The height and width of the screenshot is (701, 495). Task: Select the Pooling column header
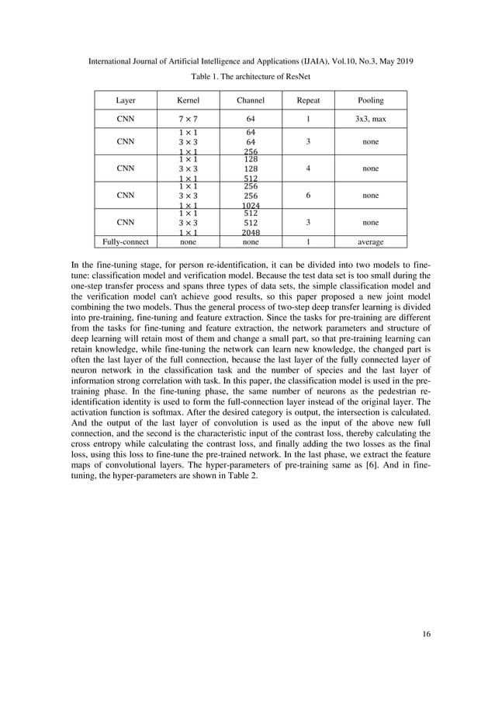pos(370,100)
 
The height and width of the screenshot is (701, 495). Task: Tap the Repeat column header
pos(308,100)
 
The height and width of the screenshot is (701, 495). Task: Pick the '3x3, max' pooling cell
pos(370,120)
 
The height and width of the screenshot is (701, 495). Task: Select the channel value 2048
pos(251,232)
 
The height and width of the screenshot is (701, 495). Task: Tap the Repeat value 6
pos(308,196)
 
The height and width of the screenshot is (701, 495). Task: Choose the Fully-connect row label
pos(125,242)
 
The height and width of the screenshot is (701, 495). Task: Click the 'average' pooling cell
pos(370,242)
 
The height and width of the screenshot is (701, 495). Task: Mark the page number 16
pos(426,633)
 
